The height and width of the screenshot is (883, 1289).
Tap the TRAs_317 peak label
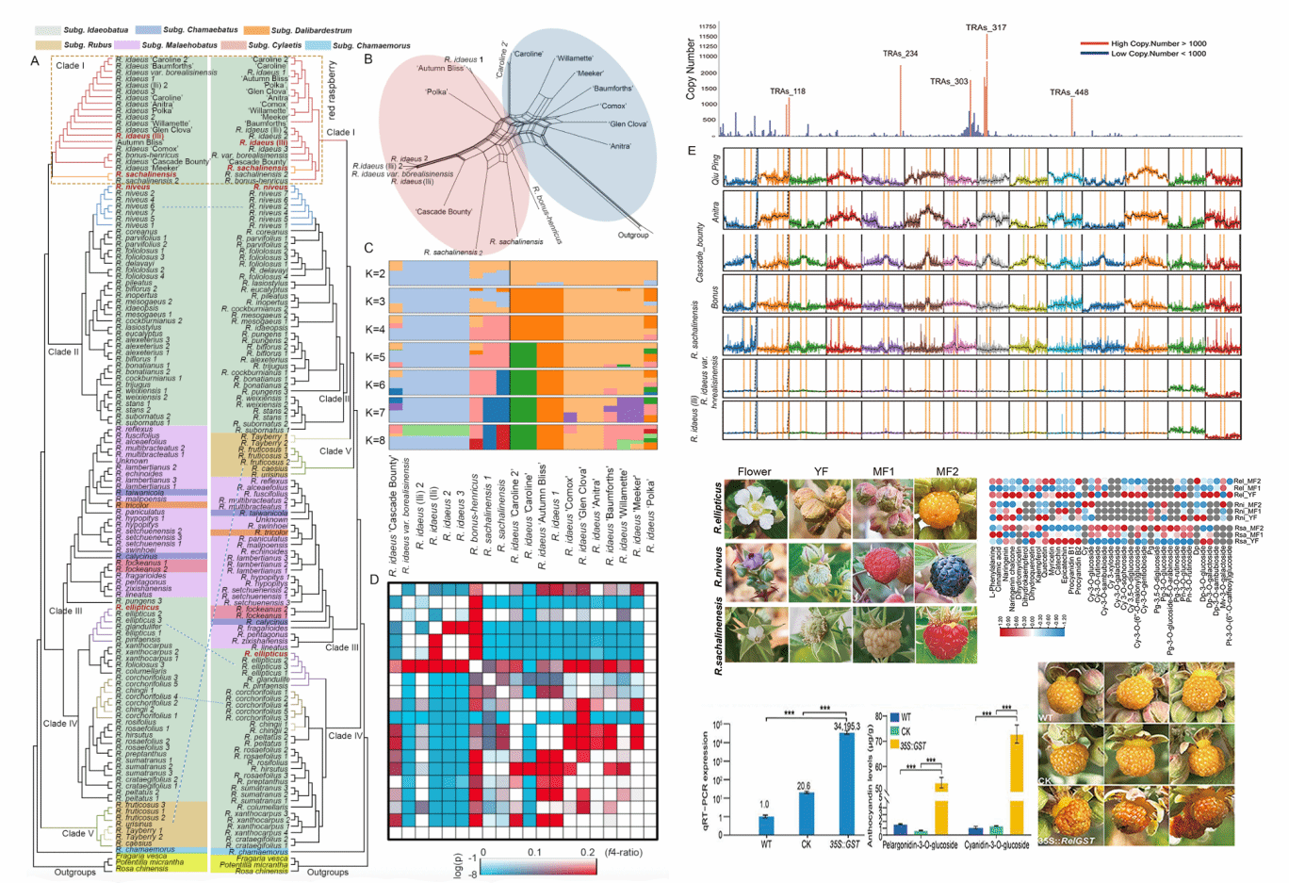986,27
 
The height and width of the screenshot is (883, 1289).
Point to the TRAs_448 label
1069,92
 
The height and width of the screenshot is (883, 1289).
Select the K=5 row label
375,357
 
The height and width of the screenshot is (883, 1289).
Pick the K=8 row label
375,440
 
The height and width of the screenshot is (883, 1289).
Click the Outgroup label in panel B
633,235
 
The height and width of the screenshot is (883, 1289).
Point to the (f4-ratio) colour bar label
624,852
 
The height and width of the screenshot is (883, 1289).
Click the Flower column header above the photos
754,471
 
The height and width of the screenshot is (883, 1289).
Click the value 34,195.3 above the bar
845,726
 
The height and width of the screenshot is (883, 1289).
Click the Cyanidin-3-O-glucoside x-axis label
996,845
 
